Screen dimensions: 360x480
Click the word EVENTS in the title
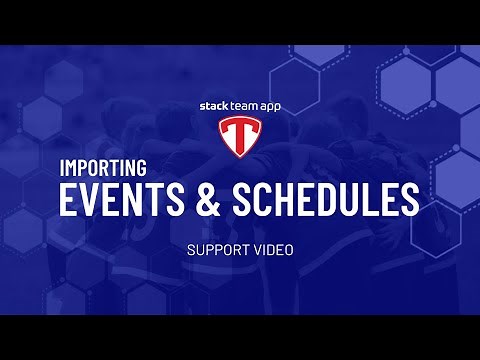click(x=119, y=200)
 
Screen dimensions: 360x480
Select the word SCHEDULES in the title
click(x=324, y=200)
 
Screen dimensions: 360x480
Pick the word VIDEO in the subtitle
click(x=273, y=249)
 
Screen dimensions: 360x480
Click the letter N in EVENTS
click(x=139, y=200)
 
